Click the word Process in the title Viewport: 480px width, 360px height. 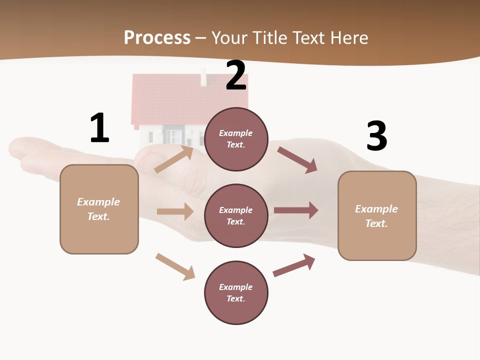point(157,37)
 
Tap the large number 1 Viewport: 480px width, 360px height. point(99,128)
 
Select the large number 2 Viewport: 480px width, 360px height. point(236,75)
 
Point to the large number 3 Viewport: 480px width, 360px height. point(376,136)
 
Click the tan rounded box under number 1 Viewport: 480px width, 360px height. point(99,209)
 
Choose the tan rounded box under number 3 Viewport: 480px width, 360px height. point(377,215)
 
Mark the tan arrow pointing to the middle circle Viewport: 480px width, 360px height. point(175,211)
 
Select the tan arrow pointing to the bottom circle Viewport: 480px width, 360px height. point(175,266)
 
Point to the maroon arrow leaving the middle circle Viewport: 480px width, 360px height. point(296,210)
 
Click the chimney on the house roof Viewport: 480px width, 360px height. point(203,78)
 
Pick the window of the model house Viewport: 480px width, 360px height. point(173,135)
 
